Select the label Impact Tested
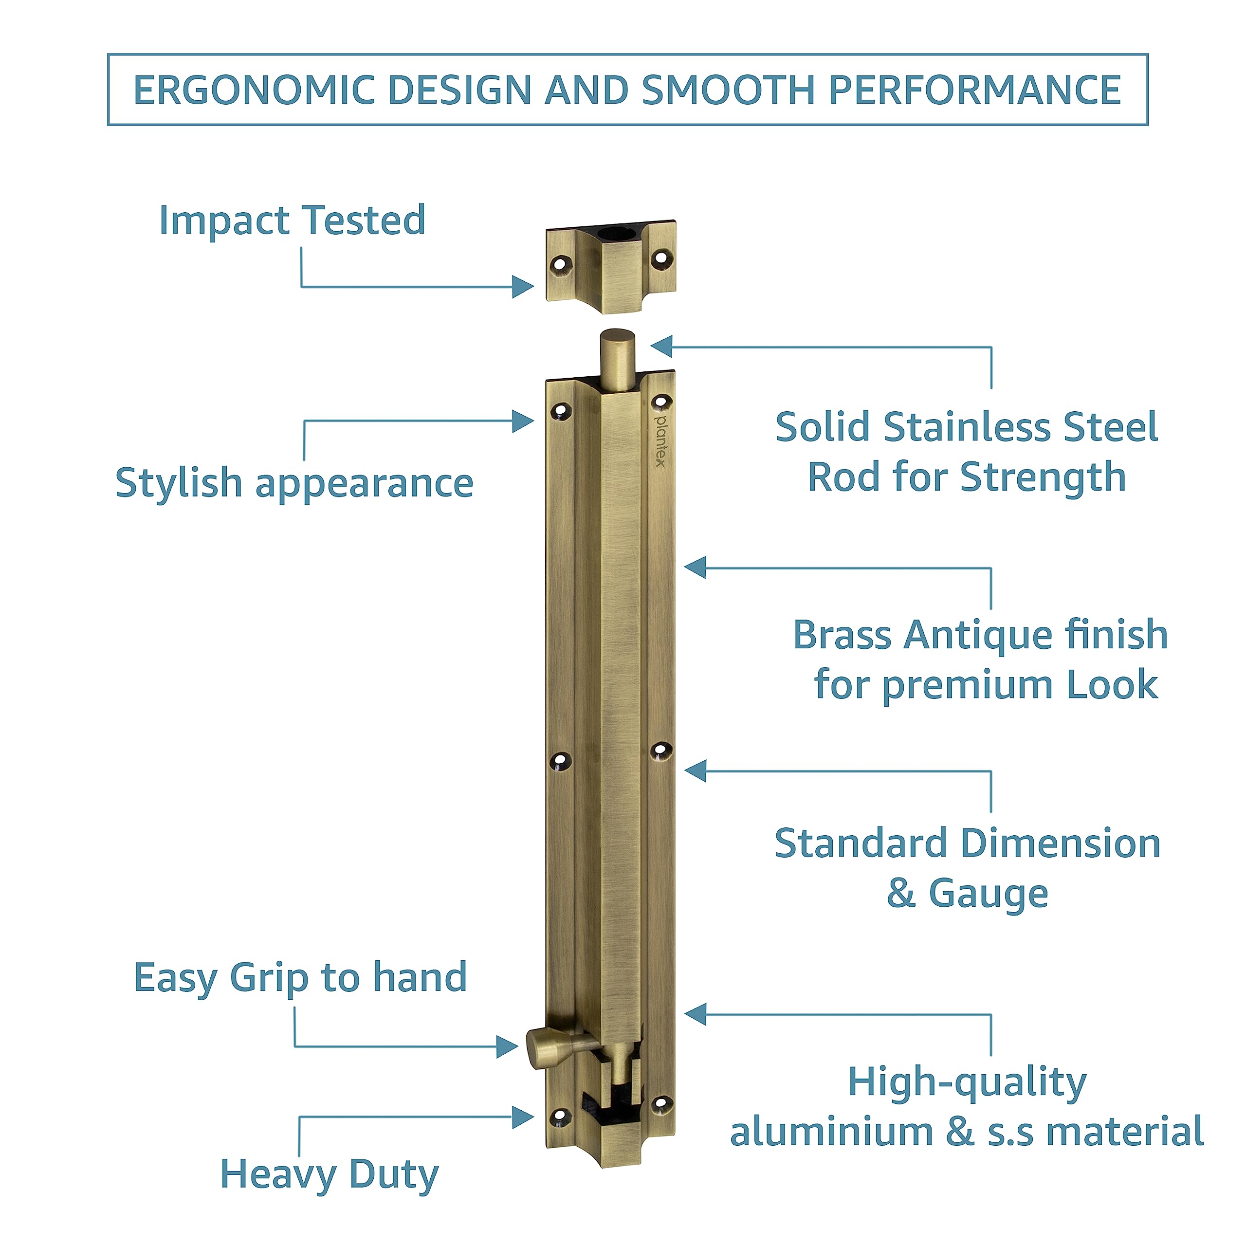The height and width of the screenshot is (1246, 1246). (x=292, y=220)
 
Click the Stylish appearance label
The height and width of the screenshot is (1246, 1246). (x=294, y=484)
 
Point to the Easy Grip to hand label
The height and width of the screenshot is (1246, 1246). (x=300, y=978)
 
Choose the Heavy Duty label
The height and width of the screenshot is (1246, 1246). (x=330, y=1174)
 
